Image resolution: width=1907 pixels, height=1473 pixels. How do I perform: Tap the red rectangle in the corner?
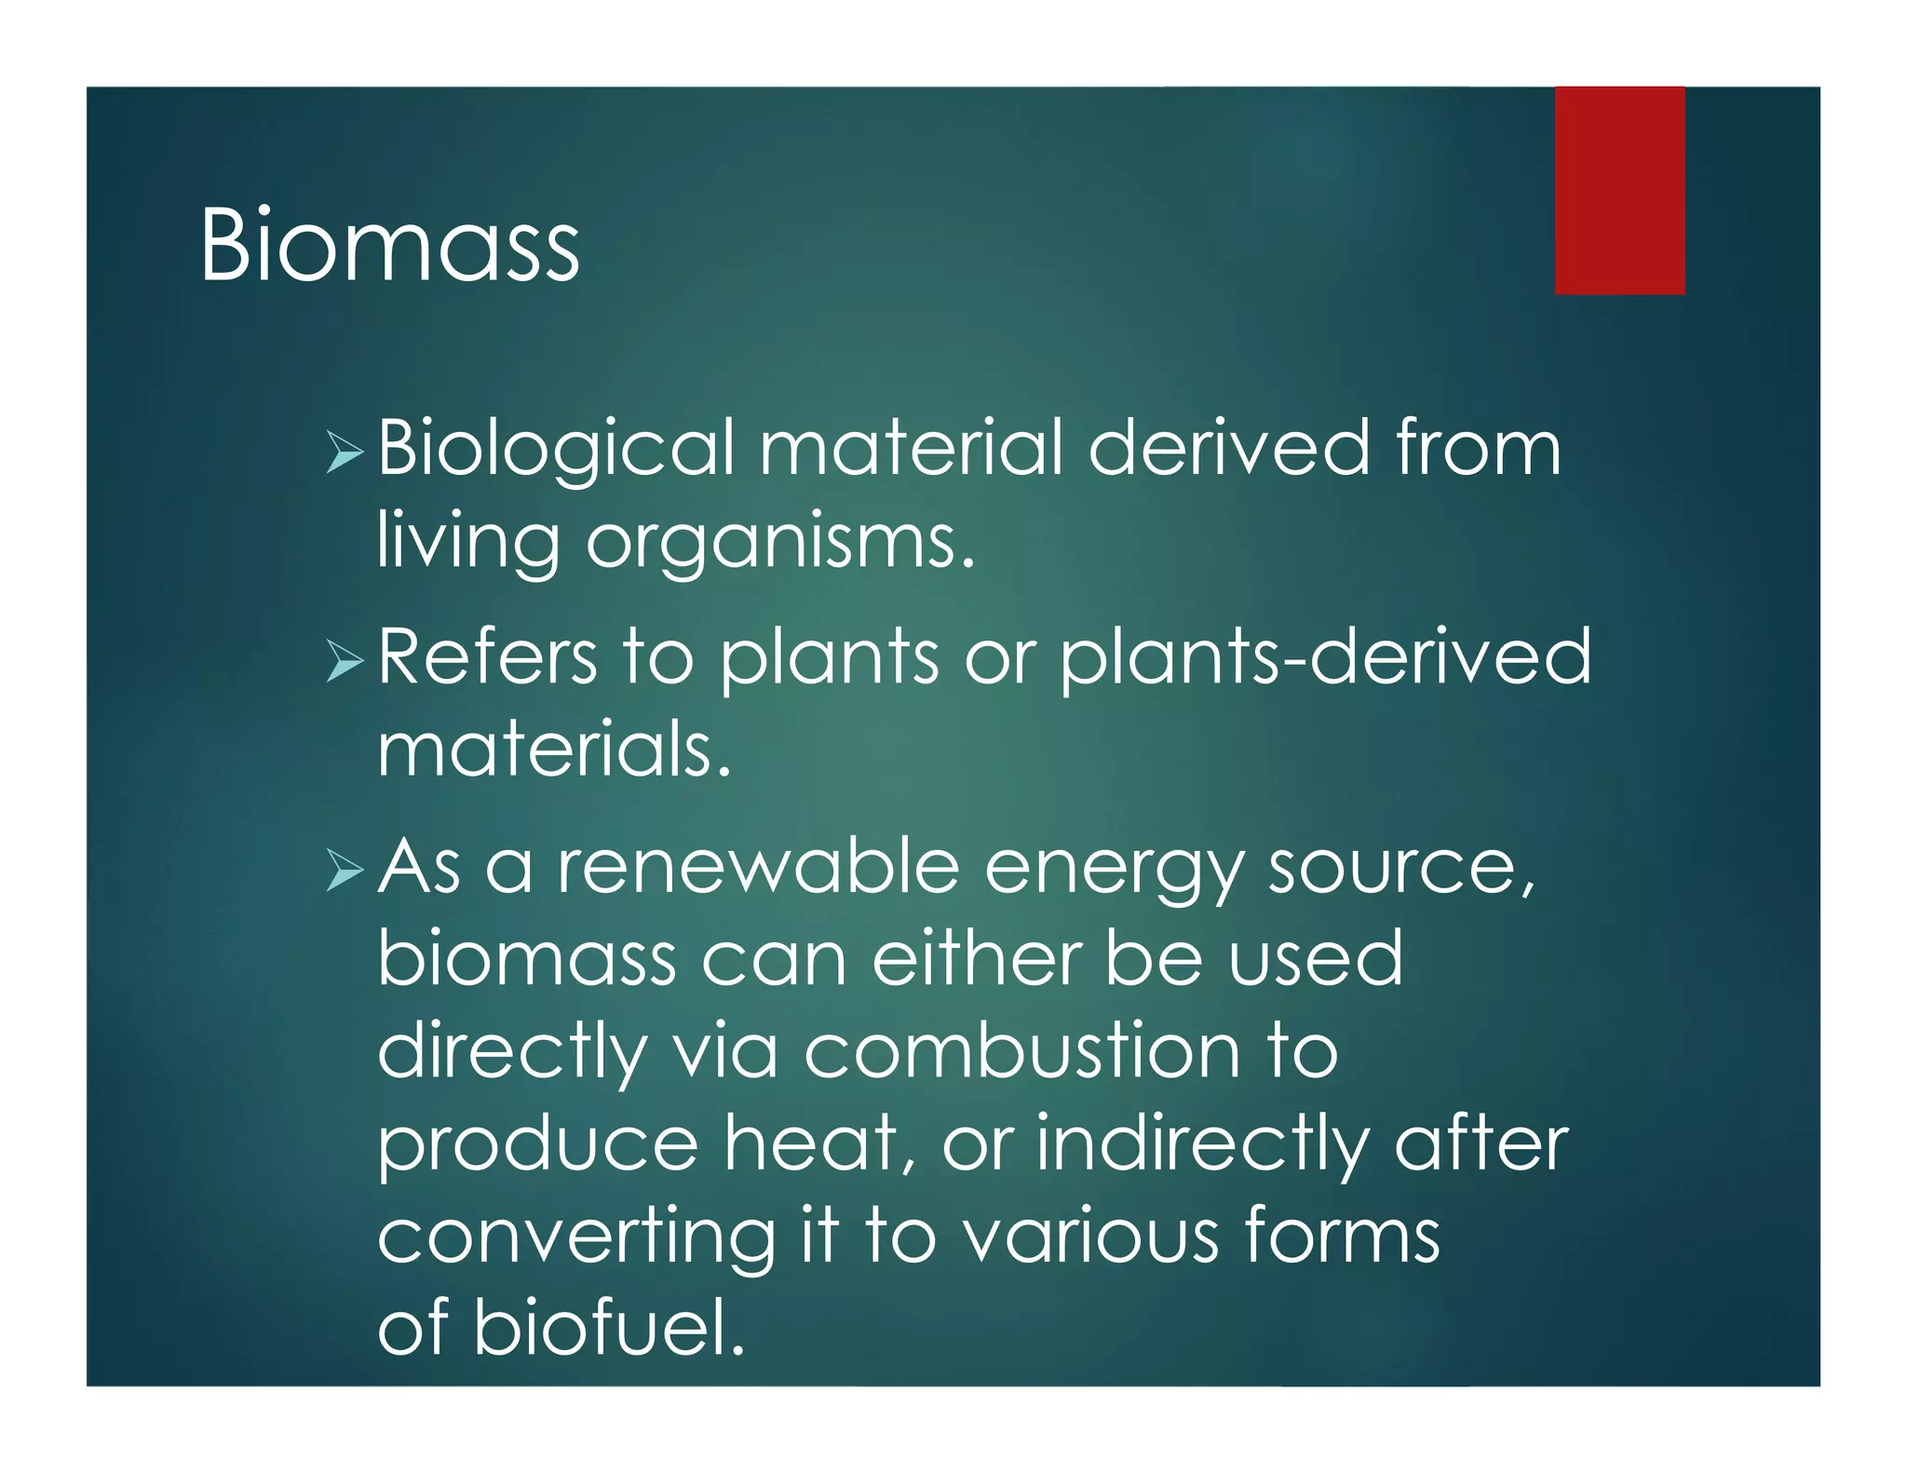click(1619, 191)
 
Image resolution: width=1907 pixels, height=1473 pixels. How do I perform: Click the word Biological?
click(556, 450)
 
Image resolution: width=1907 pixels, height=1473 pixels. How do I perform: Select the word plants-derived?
click(1326, 658)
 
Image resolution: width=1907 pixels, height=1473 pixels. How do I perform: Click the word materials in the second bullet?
click(553, 750)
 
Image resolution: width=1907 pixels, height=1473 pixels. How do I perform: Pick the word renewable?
click(758, 866)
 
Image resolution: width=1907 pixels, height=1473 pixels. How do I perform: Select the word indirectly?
click(1201, 1145)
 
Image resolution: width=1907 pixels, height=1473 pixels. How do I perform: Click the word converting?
click(576, 1238)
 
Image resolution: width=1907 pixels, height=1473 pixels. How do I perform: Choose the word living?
click(468, 542)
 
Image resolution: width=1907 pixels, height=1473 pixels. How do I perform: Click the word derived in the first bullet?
click(1229, 450)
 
